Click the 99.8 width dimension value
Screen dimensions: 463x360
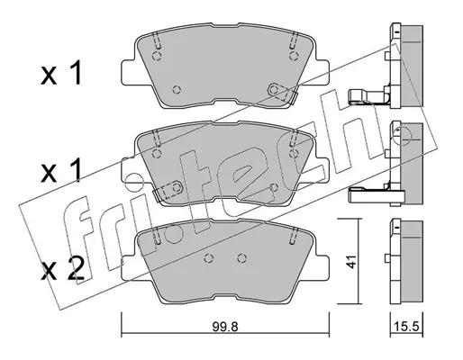pyautogui.click(x=225, y=327)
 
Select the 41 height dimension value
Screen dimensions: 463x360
pyautogui.click(x=350, y=262)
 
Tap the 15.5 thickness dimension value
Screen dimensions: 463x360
pyautogui.click(x=406, y=327)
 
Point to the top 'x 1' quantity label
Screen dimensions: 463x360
pyautogui.click(x=61, y=72)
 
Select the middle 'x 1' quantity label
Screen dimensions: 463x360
pyautogui.click(x=61, y=170)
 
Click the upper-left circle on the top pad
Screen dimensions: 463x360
pyautogui.click(x=157, y=56)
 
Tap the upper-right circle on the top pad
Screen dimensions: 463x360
pyautogui.click(x=294, y=56)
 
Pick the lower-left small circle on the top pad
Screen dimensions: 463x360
pyautogui.click(x=177, y=89)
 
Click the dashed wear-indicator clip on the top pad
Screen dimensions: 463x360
pyautogui.click(x=282, y=93)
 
